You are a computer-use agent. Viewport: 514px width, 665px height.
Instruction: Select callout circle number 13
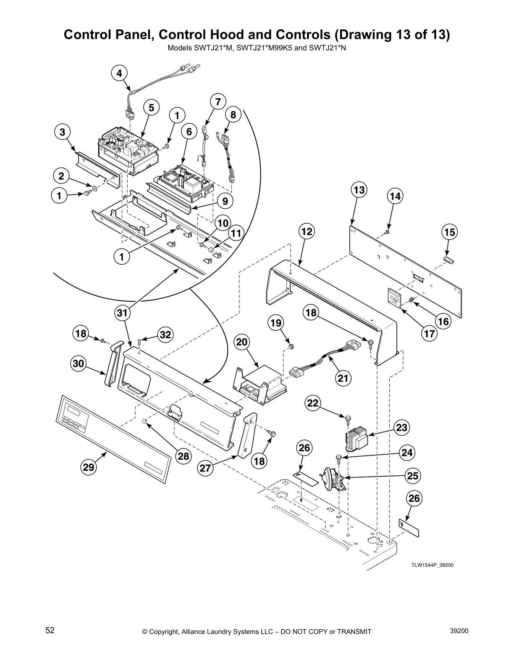coord(359,190)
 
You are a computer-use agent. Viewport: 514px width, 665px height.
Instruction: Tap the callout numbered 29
coord(89,467)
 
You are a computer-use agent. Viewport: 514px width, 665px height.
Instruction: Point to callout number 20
coord(241,343)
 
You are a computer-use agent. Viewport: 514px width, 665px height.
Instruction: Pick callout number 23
coord(402,428)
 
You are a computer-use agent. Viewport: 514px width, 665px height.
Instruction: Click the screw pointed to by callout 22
coord(348,418)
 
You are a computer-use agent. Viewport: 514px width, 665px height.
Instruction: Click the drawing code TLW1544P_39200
coord(432,565)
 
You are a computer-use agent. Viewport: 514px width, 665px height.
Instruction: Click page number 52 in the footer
coord(50,631)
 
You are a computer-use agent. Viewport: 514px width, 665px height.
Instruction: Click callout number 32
coord(166,335)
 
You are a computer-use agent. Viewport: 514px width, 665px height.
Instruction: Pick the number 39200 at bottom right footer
coord(459,631)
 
